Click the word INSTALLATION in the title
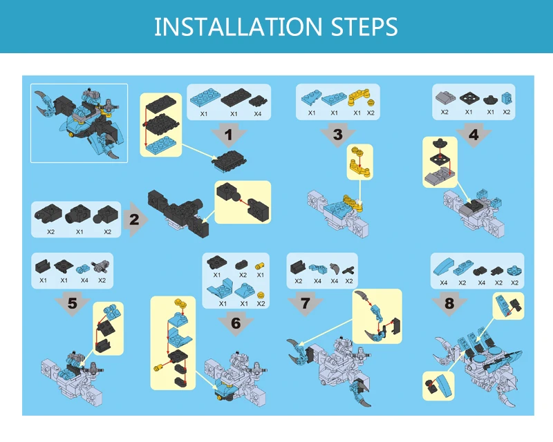click(x=238, y=26)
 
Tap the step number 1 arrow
click(x=229, y=135)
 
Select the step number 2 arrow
click(x=135, y=219)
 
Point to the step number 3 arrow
click(x=338, y=135)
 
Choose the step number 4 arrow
click(x=474, y=135)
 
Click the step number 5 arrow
click(x=73, y=303)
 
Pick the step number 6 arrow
click(x=236, y=323)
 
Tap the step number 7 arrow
click(x=306, y=303)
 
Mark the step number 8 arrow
click(x=449, y=303)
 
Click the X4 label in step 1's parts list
click(x=258, y=114)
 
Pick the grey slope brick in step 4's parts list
click(x=445, y=97)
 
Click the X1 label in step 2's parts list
click(x=79, y=232)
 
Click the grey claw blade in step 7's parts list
click(x=334, y=269)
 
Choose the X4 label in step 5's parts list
click(x=84, y=280)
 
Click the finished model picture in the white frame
click(x=79, y=123)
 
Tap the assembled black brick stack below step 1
click(x=229, y=161)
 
